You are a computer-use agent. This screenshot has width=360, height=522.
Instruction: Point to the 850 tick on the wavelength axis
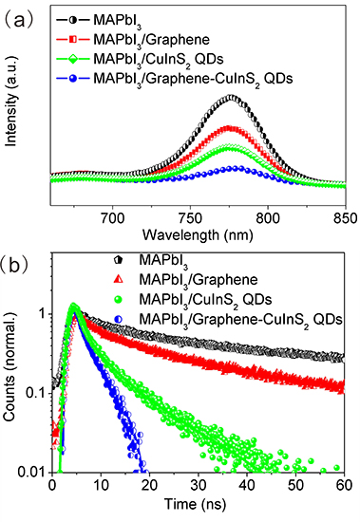(x=344, y=216)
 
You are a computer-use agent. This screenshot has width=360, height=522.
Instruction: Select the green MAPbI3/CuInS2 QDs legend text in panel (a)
(x=181, y=57)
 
